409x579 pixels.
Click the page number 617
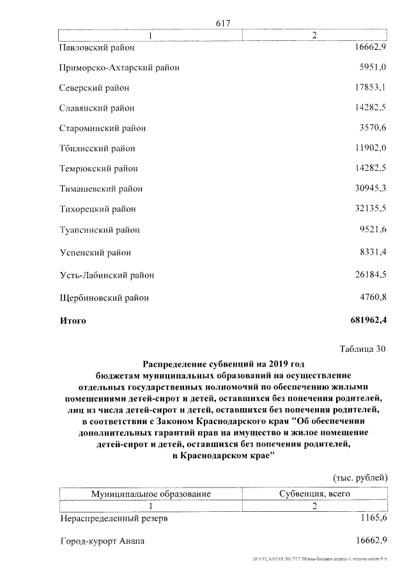223,23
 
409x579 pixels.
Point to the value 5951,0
373,67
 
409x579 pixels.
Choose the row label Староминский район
102,129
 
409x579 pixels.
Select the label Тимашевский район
101,189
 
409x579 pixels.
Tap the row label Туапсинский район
99,230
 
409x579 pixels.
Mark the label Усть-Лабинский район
106,276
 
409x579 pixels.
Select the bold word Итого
72,320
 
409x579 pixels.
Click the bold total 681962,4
369,319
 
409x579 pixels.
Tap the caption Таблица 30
362,348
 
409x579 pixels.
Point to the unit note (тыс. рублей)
360,478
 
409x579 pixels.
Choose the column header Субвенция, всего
314,495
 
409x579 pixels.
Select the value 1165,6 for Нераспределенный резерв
373,518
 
